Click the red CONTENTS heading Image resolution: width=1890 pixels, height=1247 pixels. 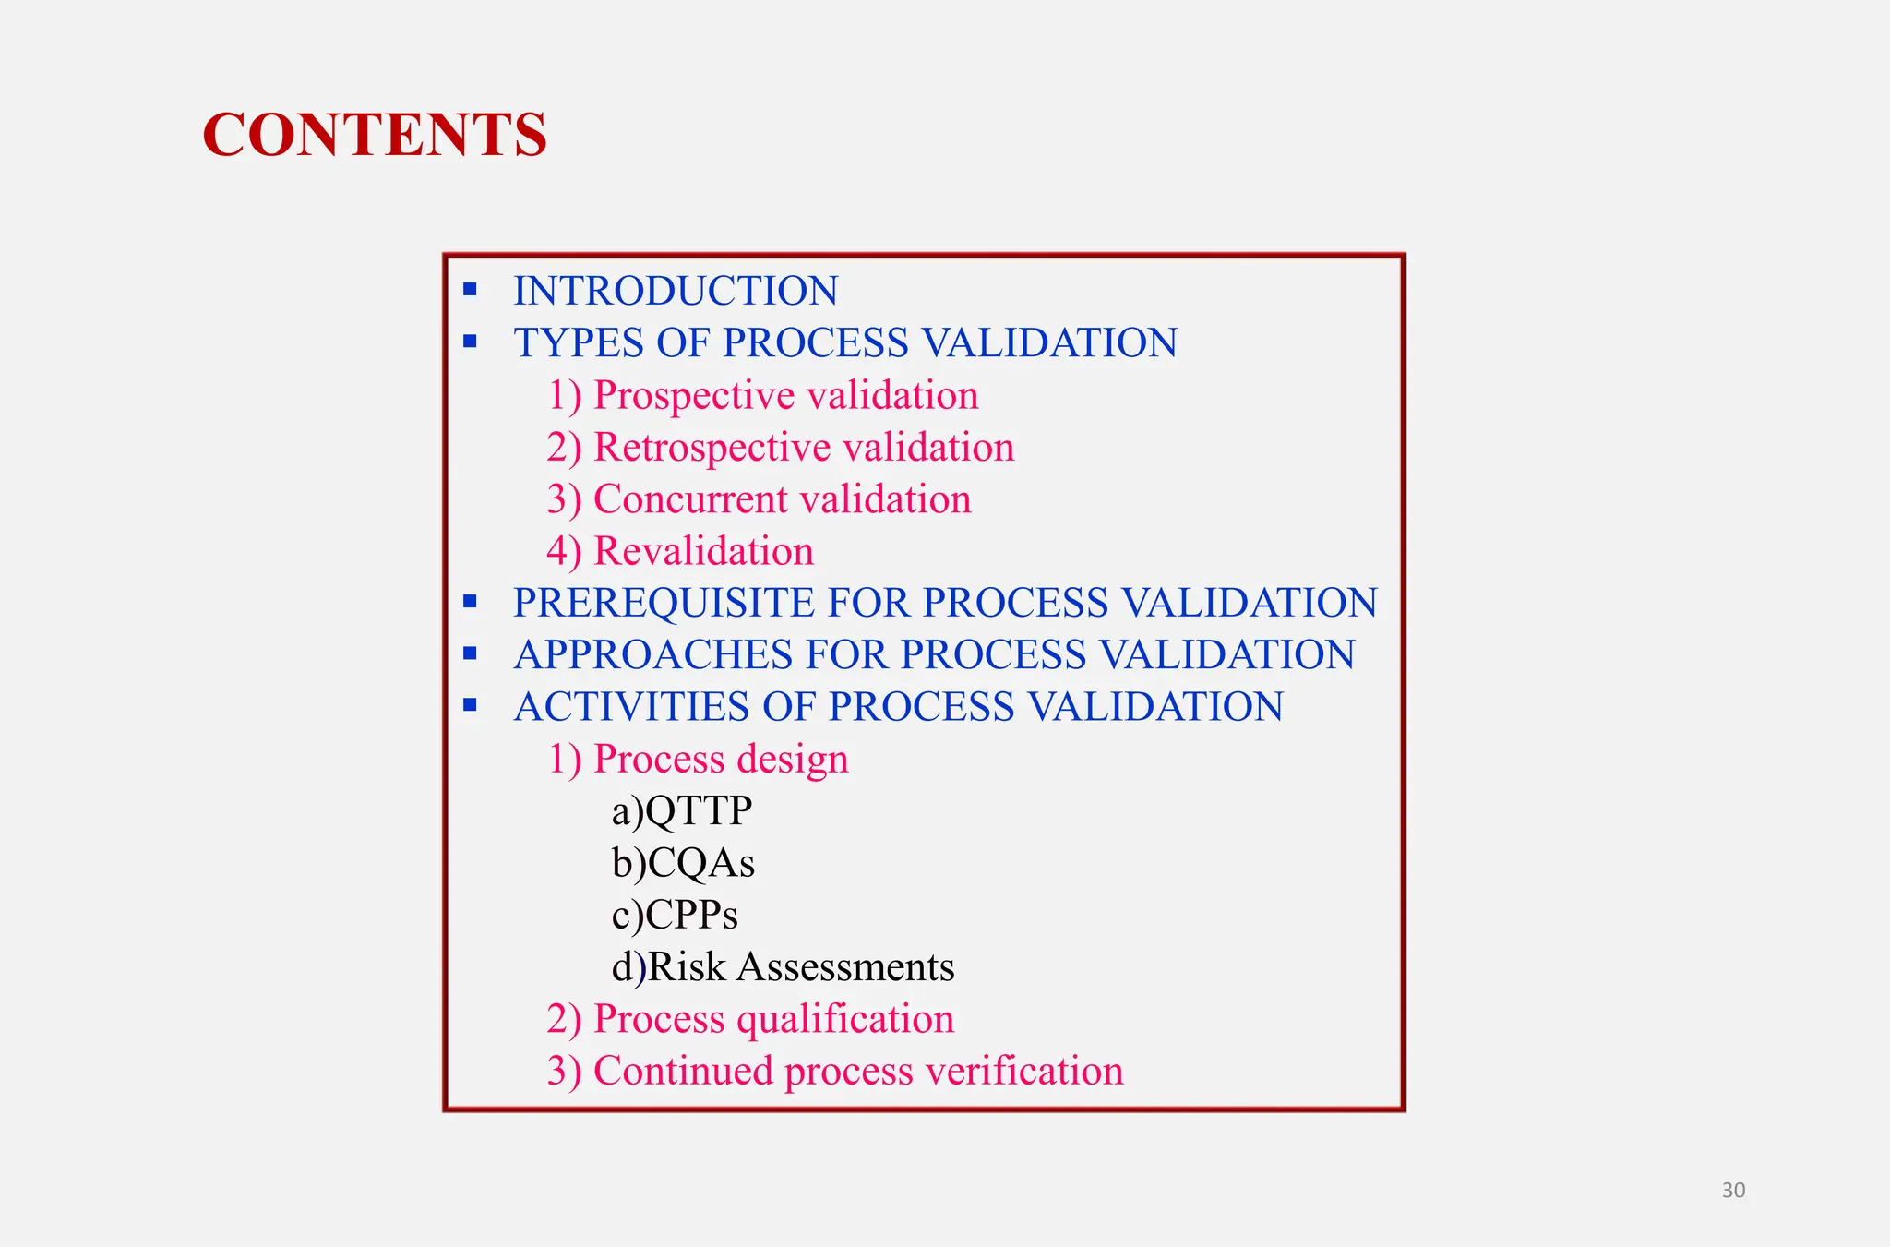point(375,135)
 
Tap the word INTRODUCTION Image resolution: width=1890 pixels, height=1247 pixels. point(676,291)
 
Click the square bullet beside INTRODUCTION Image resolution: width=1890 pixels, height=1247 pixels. point(471,290)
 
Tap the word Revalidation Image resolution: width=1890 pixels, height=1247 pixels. point(703,551)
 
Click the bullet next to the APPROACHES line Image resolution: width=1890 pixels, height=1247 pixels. point(471,654)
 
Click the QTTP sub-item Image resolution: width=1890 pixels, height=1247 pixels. point(698,811)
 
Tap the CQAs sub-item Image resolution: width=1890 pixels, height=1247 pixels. point(700,863)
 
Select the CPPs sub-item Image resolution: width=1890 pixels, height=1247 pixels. point(691,915)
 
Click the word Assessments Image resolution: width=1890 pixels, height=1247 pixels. point(845,967)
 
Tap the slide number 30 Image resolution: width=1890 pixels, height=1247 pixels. point(1733,1191)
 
